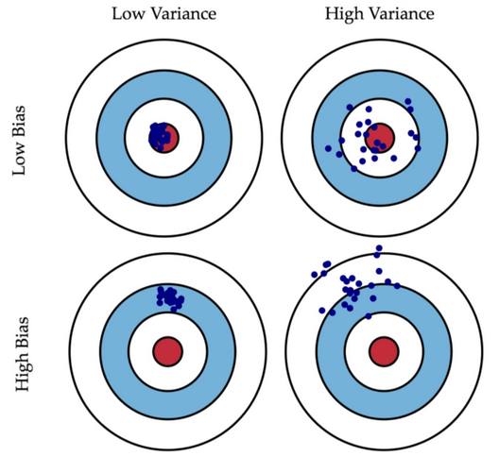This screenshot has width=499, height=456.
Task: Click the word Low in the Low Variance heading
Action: pyautogui.click(x=129, y=14)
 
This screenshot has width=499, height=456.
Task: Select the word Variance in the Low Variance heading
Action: pyautogui.click(x=184, y=14)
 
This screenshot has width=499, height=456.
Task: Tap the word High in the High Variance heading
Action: pyautogui.click(x=344, y=14)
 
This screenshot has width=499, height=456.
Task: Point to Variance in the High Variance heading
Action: pyautogui.click(x=402, y=14)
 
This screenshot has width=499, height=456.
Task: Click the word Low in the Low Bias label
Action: pyautogui.click(x=19, y=158)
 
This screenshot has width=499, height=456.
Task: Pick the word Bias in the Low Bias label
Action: pyautogui.click(x=19, y=120)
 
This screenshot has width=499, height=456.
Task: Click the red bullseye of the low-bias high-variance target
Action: pyautogui.click(x=380, y=138)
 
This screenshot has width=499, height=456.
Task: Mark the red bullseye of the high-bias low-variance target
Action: pyautogui.click(x=167, y=351)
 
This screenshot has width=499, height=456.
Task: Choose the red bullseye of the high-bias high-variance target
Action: pyautogui.click(x=384, y=351)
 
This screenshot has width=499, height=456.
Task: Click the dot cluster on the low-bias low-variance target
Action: pyautogui.click(x=159, y=137)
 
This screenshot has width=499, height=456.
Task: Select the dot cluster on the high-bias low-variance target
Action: pyautogui.click(x=170, y=298)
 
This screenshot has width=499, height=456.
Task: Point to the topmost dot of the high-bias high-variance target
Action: pyautogui.click(x=379, y=248)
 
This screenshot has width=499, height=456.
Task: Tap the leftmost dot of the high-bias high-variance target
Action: pyautogui.click(x=315, y=275)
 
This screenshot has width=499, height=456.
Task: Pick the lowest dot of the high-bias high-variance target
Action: pyautogui.click(x=369, y=316)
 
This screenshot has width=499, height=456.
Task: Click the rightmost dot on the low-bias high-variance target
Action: pyautogui.click(x=418, y=148)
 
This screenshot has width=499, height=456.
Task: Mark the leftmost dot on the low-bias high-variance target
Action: pyautogui.click(x=328, y=148)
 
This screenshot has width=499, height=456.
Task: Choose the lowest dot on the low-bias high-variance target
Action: pyautogui.click(x=354, y=169)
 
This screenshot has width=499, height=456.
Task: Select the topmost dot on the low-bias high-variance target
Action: pyautogui.click(x=408, y=101)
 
